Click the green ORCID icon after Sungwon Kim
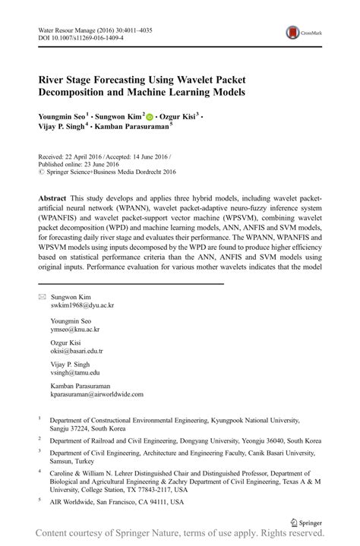[x=150, y=117]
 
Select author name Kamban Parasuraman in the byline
[x=134, y=128]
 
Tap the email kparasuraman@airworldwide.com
[x=96, y=394]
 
